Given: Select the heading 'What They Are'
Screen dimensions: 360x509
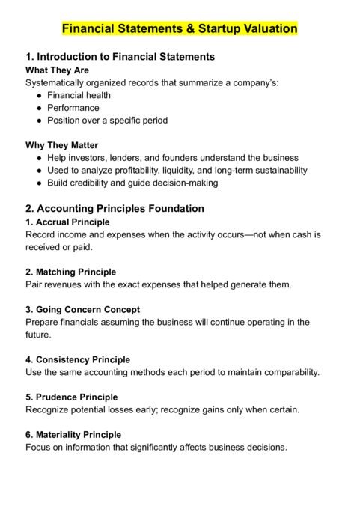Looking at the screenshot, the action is pos(58,70).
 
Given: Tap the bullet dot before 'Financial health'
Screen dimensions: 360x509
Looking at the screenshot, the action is pos(38,95).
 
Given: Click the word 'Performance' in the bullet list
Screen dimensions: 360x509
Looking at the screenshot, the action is pos(73,108).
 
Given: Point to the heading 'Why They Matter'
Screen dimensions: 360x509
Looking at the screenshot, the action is pos(62,145).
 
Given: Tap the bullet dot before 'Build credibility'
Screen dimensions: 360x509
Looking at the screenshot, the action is pos(38,183).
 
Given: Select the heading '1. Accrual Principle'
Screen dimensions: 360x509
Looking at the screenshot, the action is pos(67,222).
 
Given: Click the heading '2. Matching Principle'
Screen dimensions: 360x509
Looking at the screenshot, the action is pos(71,272).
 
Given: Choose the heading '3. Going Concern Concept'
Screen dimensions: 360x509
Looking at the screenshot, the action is pos(83,309).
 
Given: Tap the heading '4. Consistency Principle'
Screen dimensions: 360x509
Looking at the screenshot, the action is pos(78,359).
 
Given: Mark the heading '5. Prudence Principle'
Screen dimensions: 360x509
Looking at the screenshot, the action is pos(72,397).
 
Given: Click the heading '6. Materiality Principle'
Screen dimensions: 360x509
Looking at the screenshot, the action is pos(73,434).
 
